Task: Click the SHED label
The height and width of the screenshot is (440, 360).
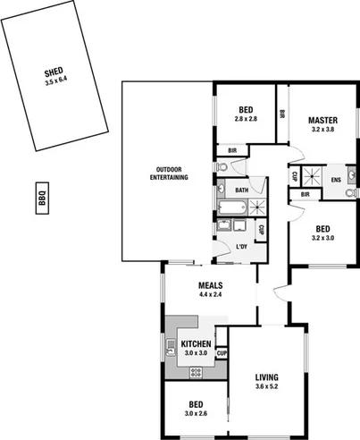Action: tap(54, 72)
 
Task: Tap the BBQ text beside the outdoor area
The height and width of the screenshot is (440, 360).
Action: tap(41, 198)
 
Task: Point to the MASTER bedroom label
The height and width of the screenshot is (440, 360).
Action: tap(322, 119)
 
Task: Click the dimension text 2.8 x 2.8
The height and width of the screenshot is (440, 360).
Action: tap(247, 118)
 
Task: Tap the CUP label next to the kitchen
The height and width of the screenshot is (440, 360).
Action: tap(222, 354)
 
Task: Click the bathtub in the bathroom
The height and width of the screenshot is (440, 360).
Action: tap(231, 210)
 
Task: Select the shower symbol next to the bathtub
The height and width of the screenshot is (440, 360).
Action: tap(257, 208)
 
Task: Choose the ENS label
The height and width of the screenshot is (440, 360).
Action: tap(336, 180)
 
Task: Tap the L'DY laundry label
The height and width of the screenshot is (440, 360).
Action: tap(241, 248)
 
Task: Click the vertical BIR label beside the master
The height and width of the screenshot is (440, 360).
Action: tap(281, 114)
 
